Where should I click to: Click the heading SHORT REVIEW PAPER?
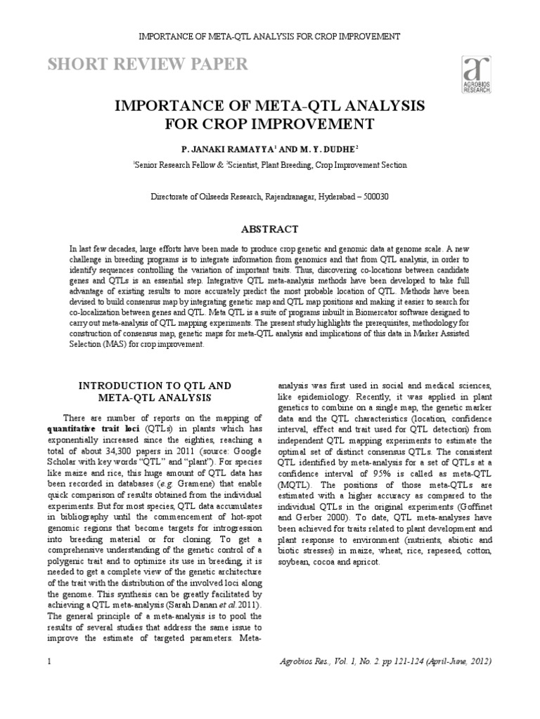pyautogui.click(x=147, y=65)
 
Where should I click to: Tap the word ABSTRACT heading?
pyautogui.click(x=270, y=229)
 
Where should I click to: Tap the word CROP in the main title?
pyautogui.click(x=224, y=124)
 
